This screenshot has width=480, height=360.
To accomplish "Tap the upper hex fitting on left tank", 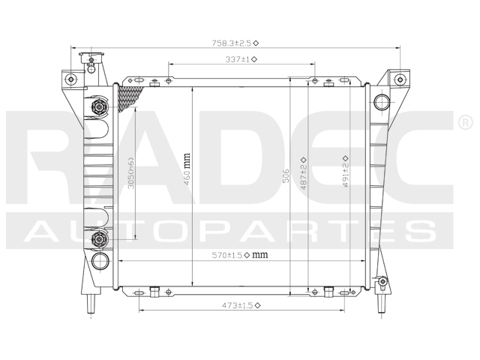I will click(x=97, y=106).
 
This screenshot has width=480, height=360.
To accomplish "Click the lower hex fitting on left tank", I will click(x=97, y=239).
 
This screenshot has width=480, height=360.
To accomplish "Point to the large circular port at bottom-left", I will click(x=100, y=261).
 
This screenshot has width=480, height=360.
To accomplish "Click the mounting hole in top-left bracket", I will click(x=70, y=79).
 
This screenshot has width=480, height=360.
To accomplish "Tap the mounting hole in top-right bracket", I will click(x=400, y=79).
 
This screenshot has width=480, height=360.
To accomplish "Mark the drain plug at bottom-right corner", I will click(x=382, y=283).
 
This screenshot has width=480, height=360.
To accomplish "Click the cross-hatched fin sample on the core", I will click(x=130, y=97).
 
